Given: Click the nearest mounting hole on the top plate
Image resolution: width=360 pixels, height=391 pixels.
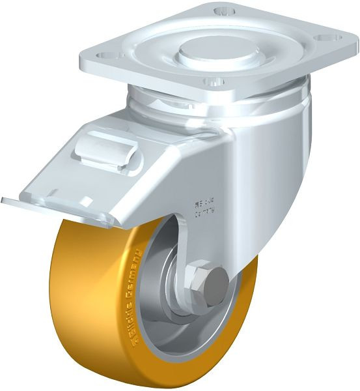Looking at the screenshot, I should pyautogui.click(x=212, y=82).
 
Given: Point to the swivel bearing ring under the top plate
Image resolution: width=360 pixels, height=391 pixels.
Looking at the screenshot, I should pyautogui.click(x=215, y=104).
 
